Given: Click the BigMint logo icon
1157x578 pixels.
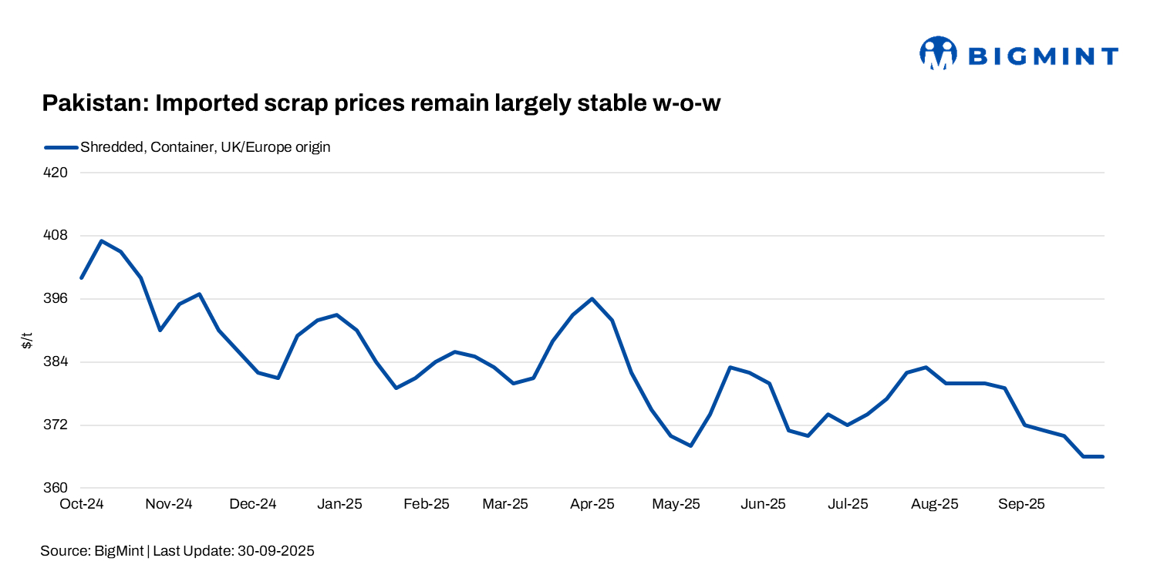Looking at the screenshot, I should [938, 53].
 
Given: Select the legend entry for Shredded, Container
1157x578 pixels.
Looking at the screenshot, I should [205, 147].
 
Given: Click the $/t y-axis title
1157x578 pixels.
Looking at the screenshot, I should [27, 340].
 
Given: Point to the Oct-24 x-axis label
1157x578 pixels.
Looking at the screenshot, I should [82, 504].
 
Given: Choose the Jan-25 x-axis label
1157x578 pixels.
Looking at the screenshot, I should [340, 504].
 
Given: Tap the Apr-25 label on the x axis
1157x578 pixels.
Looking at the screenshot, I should [592, 504].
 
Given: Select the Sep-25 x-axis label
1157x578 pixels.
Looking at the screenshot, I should [1021, 504].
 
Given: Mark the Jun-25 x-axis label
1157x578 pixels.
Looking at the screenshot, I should [763, 504].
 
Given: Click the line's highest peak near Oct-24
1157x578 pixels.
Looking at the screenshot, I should [101, 240].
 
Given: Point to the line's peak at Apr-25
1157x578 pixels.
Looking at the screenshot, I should [592, 299].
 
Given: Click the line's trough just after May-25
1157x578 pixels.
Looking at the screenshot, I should [690, 445].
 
